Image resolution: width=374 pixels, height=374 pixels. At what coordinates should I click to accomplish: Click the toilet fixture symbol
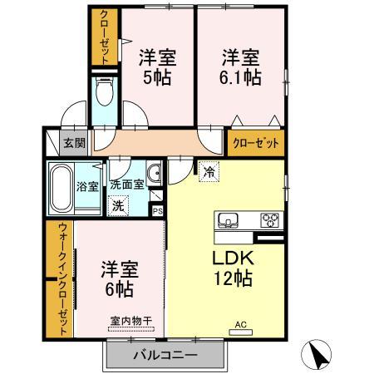tap(105, 91)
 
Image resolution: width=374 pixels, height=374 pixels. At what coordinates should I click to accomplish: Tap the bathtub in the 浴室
tap(62, 188)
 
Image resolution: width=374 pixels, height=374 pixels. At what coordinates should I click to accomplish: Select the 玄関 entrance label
tap(75, 143)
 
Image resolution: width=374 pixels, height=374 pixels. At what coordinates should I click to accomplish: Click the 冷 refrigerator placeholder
tap(209, 172)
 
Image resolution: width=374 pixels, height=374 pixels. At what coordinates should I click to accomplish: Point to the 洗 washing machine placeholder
tap(118, 206)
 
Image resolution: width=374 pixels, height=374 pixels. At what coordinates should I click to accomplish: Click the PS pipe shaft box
tap(158, 211)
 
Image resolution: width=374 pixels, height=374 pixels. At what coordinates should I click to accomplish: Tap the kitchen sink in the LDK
tap(228, 220)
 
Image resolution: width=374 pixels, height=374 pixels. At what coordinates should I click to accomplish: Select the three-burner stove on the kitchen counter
tap(269, 220)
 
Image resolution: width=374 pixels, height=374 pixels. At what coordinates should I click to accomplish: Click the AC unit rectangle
tap(241, 332)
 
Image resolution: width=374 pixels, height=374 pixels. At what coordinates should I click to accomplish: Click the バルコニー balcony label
tap(165, 355)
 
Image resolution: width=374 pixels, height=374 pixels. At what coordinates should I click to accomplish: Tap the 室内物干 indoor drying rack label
tap(131, 321)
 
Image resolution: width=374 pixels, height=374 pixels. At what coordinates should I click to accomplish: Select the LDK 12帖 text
tap(233, 268)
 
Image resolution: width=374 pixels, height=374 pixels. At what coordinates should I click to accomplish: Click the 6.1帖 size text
tap(240, 77)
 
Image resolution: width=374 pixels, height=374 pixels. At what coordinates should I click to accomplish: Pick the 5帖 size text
tap(157, 77)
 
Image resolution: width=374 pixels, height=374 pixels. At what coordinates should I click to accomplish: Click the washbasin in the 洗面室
tap(154, 173)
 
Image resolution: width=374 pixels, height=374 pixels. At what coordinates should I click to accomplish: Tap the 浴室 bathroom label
tap(87, 186)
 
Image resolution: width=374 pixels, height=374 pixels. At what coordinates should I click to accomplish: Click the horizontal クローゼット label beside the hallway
tap(256, 143)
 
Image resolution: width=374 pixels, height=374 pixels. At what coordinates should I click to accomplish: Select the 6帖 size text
tap(120, 288)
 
